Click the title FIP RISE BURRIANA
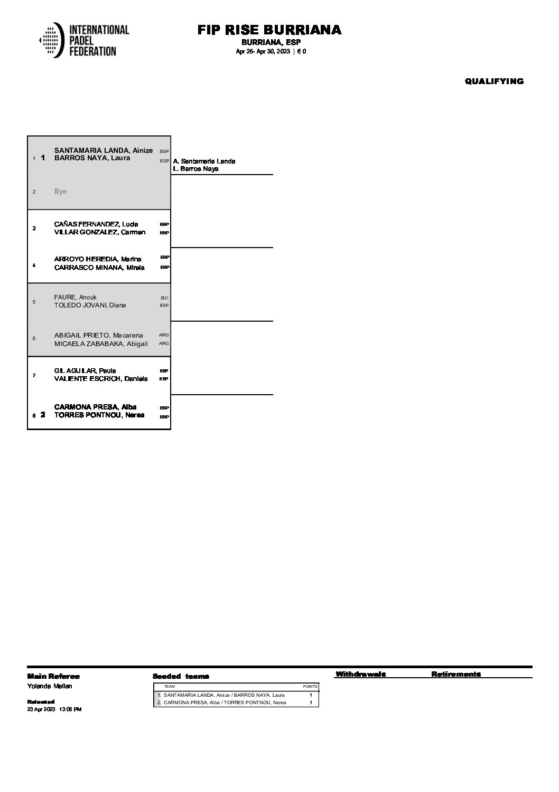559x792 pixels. [x=269, y=30]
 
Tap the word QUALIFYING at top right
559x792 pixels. [x=494, y=81]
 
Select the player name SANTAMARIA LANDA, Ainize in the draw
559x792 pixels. [x=104, y=150]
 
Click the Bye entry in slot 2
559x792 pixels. [x=60, y=191]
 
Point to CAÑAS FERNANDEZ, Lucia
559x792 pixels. [x=96, y=224]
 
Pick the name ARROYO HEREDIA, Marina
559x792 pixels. [x=98, y=259]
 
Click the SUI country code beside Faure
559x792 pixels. [x=164, y=298]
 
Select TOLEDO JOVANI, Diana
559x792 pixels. [x=90, y=305]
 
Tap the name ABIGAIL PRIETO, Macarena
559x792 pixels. [x=98, y=335]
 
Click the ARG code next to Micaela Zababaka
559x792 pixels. [x=164, y=344]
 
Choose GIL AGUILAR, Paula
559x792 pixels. [x=85, y=371]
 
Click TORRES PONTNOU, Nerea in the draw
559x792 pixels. [x=99, y=415]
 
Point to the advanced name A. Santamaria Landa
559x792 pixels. [x=204, y=161]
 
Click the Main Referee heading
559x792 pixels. [x=53, y=676]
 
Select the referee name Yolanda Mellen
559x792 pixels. [x=50, y=686]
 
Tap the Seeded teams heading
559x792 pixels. [x=181, y=676]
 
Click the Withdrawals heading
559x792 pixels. [x=360, y=674]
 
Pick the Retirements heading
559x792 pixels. [x=456, y=674]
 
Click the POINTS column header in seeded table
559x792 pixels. [x=310, y=686]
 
